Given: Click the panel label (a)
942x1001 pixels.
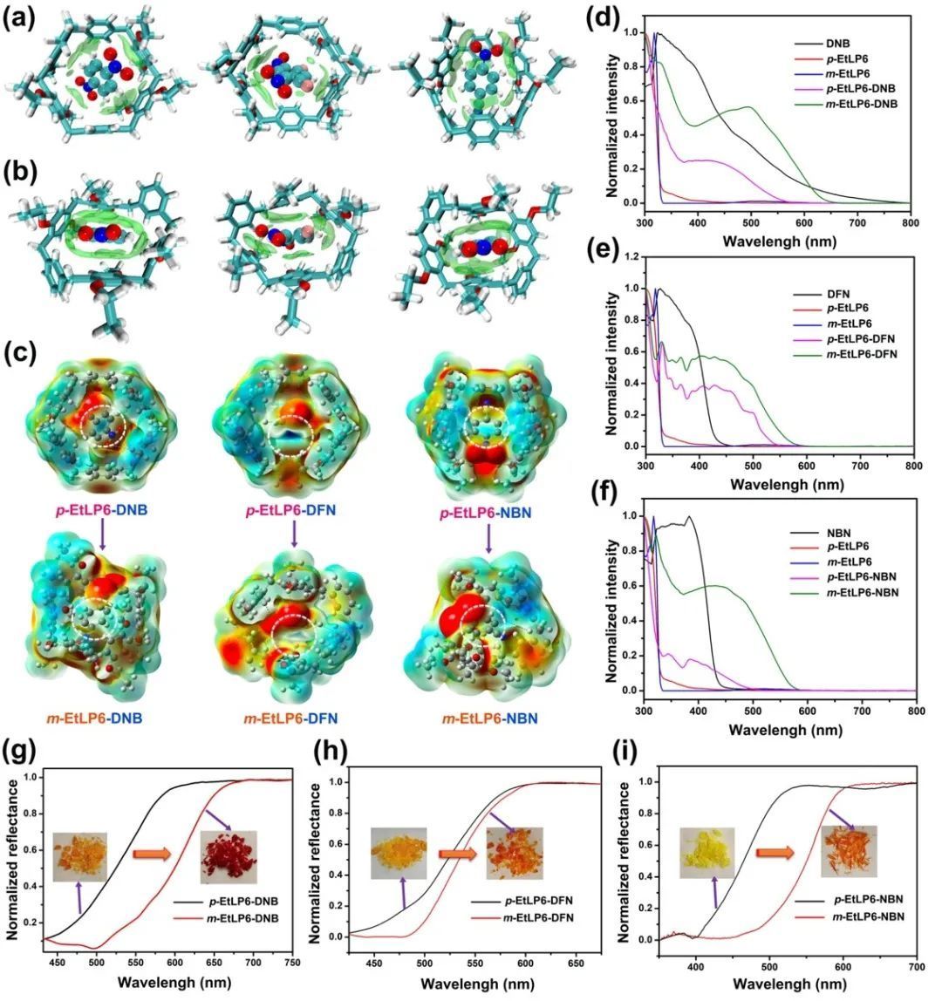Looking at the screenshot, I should pyautogui.click(x=19, y=18).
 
